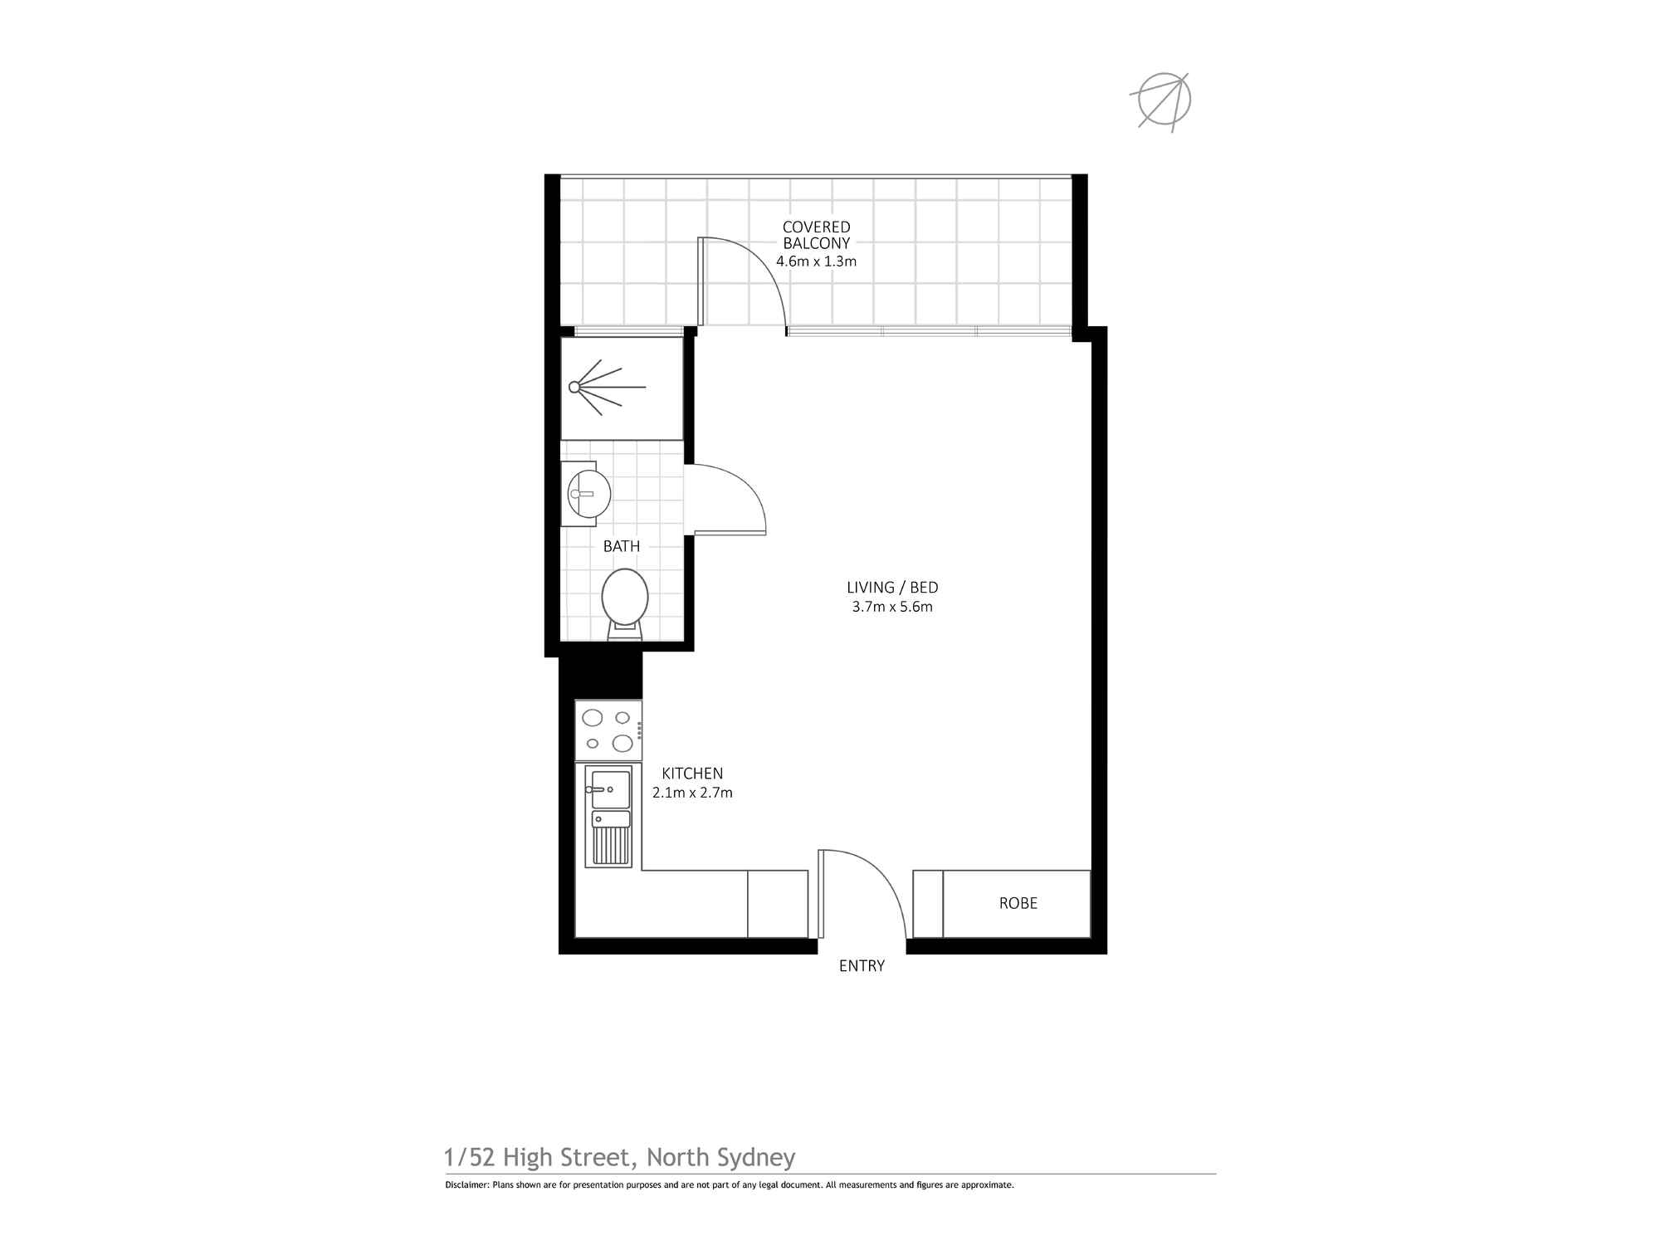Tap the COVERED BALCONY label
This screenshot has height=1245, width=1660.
pos(816,235)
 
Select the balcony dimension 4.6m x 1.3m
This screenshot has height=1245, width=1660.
pos(816,261)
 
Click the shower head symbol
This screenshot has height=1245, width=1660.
pos(598,387)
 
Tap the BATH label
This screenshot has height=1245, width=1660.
pos(622,546)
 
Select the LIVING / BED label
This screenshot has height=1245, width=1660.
pos(892,588)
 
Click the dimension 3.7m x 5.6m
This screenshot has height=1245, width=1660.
pos(892,607)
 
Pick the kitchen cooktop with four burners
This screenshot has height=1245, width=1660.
pos(608,730)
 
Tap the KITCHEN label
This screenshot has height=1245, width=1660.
pos(692,774)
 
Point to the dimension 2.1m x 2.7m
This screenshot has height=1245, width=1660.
pos(692,793)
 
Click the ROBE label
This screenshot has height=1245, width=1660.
pos(1018,903)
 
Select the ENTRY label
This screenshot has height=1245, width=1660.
pos(862,966)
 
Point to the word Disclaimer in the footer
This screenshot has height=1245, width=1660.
pos(466,1185)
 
